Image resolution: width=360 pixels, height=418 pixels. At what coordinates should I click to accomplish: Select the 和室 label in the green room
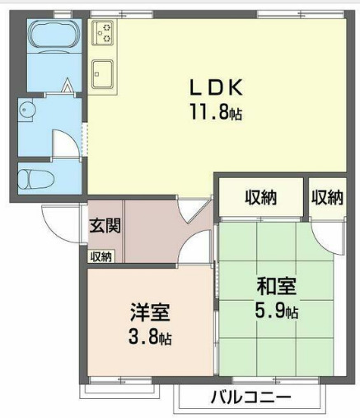[x=275, y=287]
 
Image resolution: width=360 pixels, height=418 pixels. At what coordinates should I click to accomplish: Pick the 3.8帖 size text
[x=150, y=338]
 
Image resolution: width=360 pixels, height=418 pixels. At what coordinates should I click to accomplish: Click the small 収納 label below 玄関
[x=101, y=256]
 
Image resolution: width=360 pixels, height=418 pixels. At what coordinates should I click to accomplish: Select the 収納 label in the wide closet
[x=260, y=198]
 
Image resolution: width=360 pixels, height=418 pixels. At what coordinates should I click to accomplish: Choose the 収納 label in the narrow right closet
[x=326, y=198]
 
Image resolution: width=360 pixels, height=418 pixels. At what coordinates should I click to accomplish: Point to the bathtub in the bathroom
[x=54, y=36]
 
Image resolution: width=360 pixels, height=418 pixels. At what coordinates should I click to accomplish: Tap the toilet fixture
[x=37, y=177]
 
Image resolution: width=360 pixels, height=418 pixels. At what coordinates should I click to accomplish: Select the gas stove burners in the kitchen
[x=104, y=34]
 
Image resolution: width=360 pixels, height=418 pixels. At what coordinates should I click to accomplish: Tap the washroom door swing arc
[x=64, y=142]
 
